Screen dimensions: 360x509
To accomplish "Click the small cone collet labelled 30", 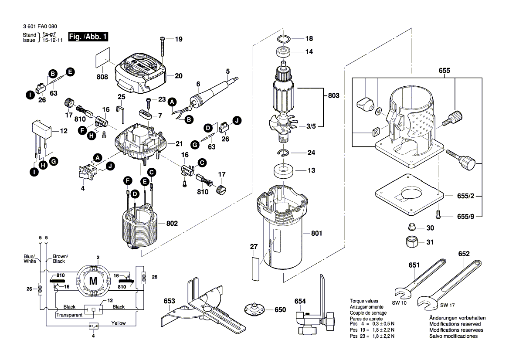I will pos(411,227).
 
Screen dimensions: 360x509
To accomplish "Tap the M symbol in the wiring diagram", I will pos(93,281).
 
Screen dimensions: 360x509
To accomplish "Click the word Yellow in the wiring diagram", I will pos(118,323).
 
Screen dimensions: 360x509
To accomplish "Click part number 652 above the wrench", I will pos(464,254).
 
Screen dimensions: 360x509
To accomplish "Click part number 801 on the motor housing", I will pos(316,234).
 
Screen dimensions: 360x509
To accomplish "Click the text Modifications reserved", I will pos(455,324).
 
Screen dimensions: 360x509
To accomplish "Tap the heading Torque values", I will pos(364,301).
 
